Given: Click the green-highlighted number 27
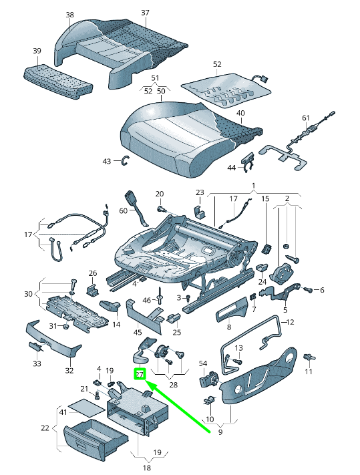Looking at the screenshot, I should [140, 375].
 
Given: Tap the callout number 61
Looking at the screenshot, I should [306, 118].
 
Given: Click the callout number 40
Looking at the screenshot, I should [240, 114].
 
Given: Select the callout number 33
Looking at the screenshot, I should [37, 363].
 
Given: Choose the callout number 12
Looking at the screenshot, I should [289, 322].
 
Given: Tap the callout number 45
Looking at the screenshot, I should [138, 332].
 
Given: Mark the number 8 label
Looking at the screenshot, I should [228, 327].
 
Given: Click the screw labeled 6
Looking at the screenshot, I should [309, 289].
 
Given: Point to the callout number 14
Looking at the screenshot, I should [116, 325].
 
